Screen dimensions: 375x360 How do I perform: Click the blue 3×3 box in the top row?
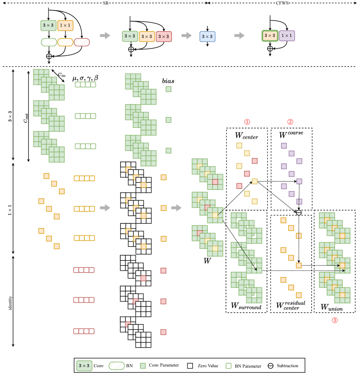(x=207, y=36)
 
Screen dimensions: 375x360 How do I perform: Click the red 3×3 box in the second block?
(x=164, y=36)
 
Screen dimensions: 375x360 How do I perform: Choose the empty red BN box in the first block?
(x=82, y=42)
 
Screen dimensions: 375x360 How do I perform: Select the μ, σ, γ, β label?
(x=85, y=78)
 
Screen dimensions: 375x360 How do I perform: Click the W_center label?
(x=246, y=137)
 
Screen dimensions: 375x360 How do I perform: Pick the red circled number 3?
(x=334, y=320)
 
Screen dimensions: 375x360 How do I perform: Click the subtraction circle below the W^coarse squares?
(x=299, y=212)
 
